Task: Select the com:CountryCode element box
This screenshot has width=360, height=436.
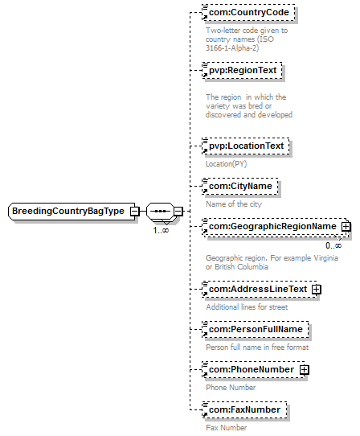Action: [248, 13]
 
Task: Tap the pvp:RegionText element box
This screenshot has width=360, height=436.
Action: [242, 70]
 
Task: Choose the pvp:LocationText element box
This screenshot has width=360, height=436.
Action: [246, 146]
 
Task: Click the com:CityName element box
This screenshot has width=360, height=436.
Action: [240, 186]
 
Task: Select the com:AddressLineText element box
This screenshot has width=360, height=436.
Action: [260, 289]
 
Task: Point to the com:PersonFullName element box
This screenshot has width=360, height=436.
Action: [256, 330]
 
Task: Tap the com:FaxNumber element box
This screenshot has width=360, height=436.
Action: [244, 410]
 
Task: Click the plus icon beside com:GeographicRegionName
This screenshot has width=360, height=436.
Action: [346, 227]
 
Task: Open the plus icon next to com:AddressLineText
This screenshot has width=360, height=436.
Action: [317, 290]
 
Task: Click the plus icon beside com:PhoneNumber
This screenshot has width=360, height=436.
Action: [305, 370]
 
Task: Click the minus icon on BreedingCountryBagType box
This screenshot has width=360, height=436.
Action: [135, 212]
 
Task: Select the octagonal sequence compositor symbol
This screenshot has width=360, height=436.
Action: [160, 212]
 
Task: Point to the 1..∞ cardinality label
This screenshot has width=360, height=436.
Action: [161, 231]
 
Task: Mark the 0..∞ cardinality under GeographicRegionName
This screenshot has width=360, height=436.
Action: [333, 245]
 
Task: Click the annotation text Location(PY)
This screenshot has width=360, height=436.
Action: [226, 164]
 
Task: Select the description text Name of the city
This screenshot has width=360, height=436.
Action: [234, 204]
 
